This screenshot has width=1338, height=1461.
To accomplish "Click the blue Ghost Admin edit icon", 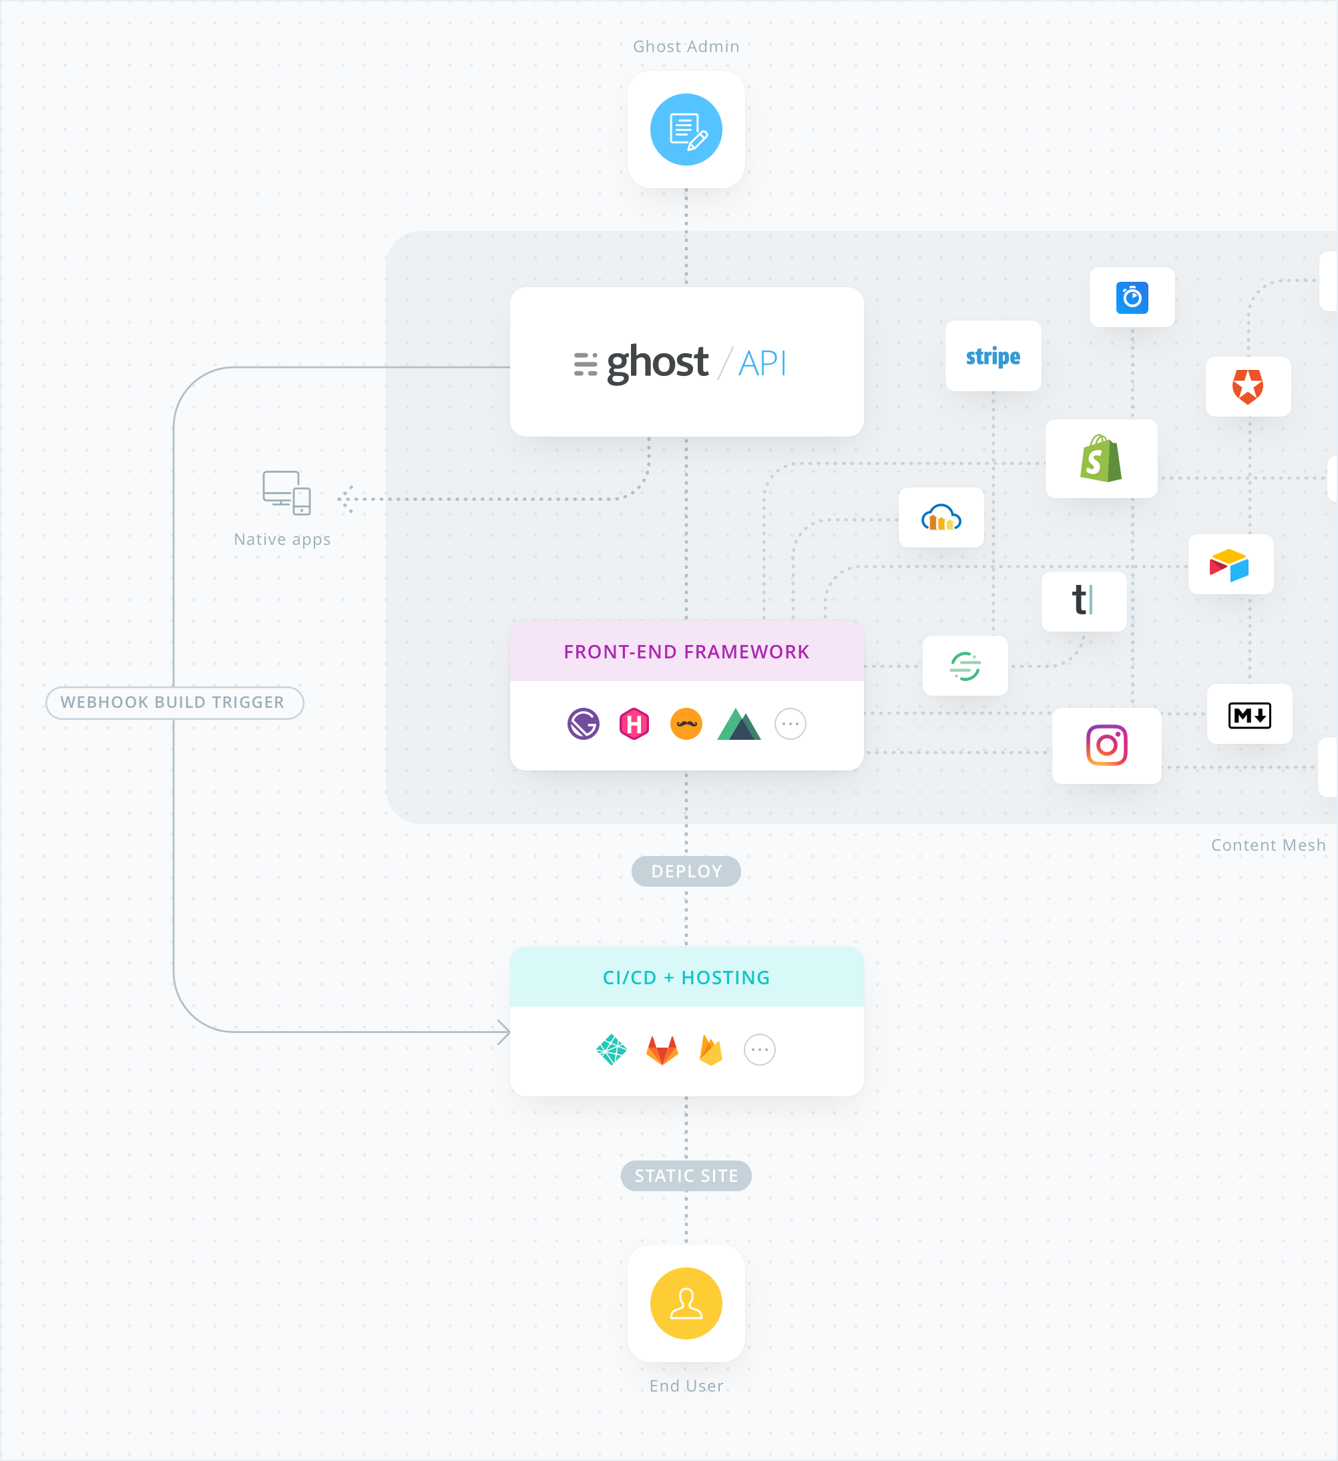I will tap(686, 130).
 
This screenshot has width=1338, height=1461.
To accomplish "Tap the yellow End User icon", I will tap(686, 1303).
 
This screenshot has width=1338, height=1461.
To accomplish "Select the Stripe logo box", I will tap(993, 356).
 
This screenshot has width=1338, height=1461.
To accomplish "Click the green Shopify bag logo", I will tap(1101, 459).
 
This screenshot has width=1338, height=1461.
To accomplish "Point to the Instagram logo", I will tap(1106, 745).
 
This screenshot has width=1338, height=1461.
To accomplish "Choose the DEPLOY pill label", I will tap(686, 871).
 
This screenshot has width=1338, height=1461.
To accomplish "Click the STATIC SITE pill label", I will tap(686, 1175).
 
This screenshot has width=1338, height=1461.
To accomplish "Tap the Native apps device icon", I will tap(286, 493).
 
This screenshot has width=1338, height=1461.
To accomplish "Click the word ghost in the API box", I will tap(657, 362).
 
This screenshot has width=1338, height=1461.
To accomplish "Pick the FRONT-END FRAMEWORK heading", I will tap(686, 652).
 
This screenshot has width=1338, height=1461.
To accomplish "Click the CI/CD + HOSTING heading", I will tap(686, 978).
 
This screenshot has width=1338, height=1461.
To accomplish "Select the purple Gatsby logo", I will tap(584, 724).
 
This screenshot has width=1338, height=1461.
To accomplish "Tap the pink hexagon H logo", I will tap(634, 724).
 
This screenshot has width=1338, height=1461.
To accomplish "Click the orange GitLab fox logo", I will tap(662, 1050).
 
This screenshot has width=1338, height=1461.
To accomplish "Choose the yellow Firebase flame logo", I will tap(711, 1050).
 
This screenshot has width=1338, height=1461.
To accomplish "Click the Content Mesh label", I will tap(1268, 845).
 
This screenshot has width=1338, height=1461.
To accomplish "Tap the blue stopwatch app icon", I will tap(1132, 297).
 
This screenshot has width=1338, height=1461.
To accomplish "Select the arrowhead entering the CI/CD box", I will tap(505, 1032).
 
